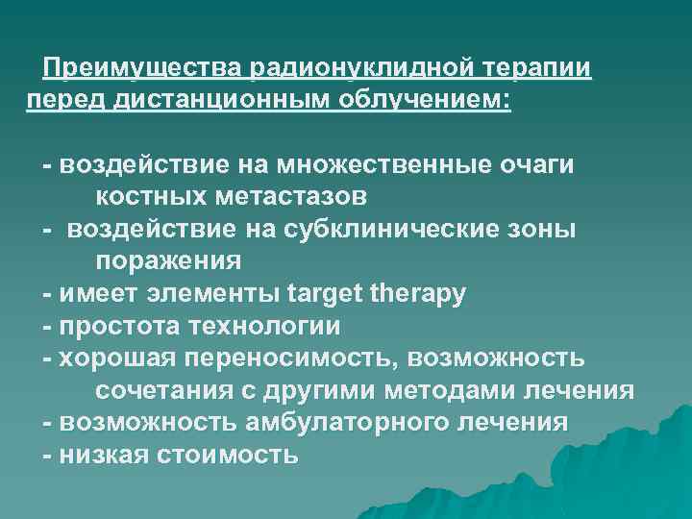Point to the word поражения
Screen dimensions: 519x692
pyautogui.click(x=168, y=261)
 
